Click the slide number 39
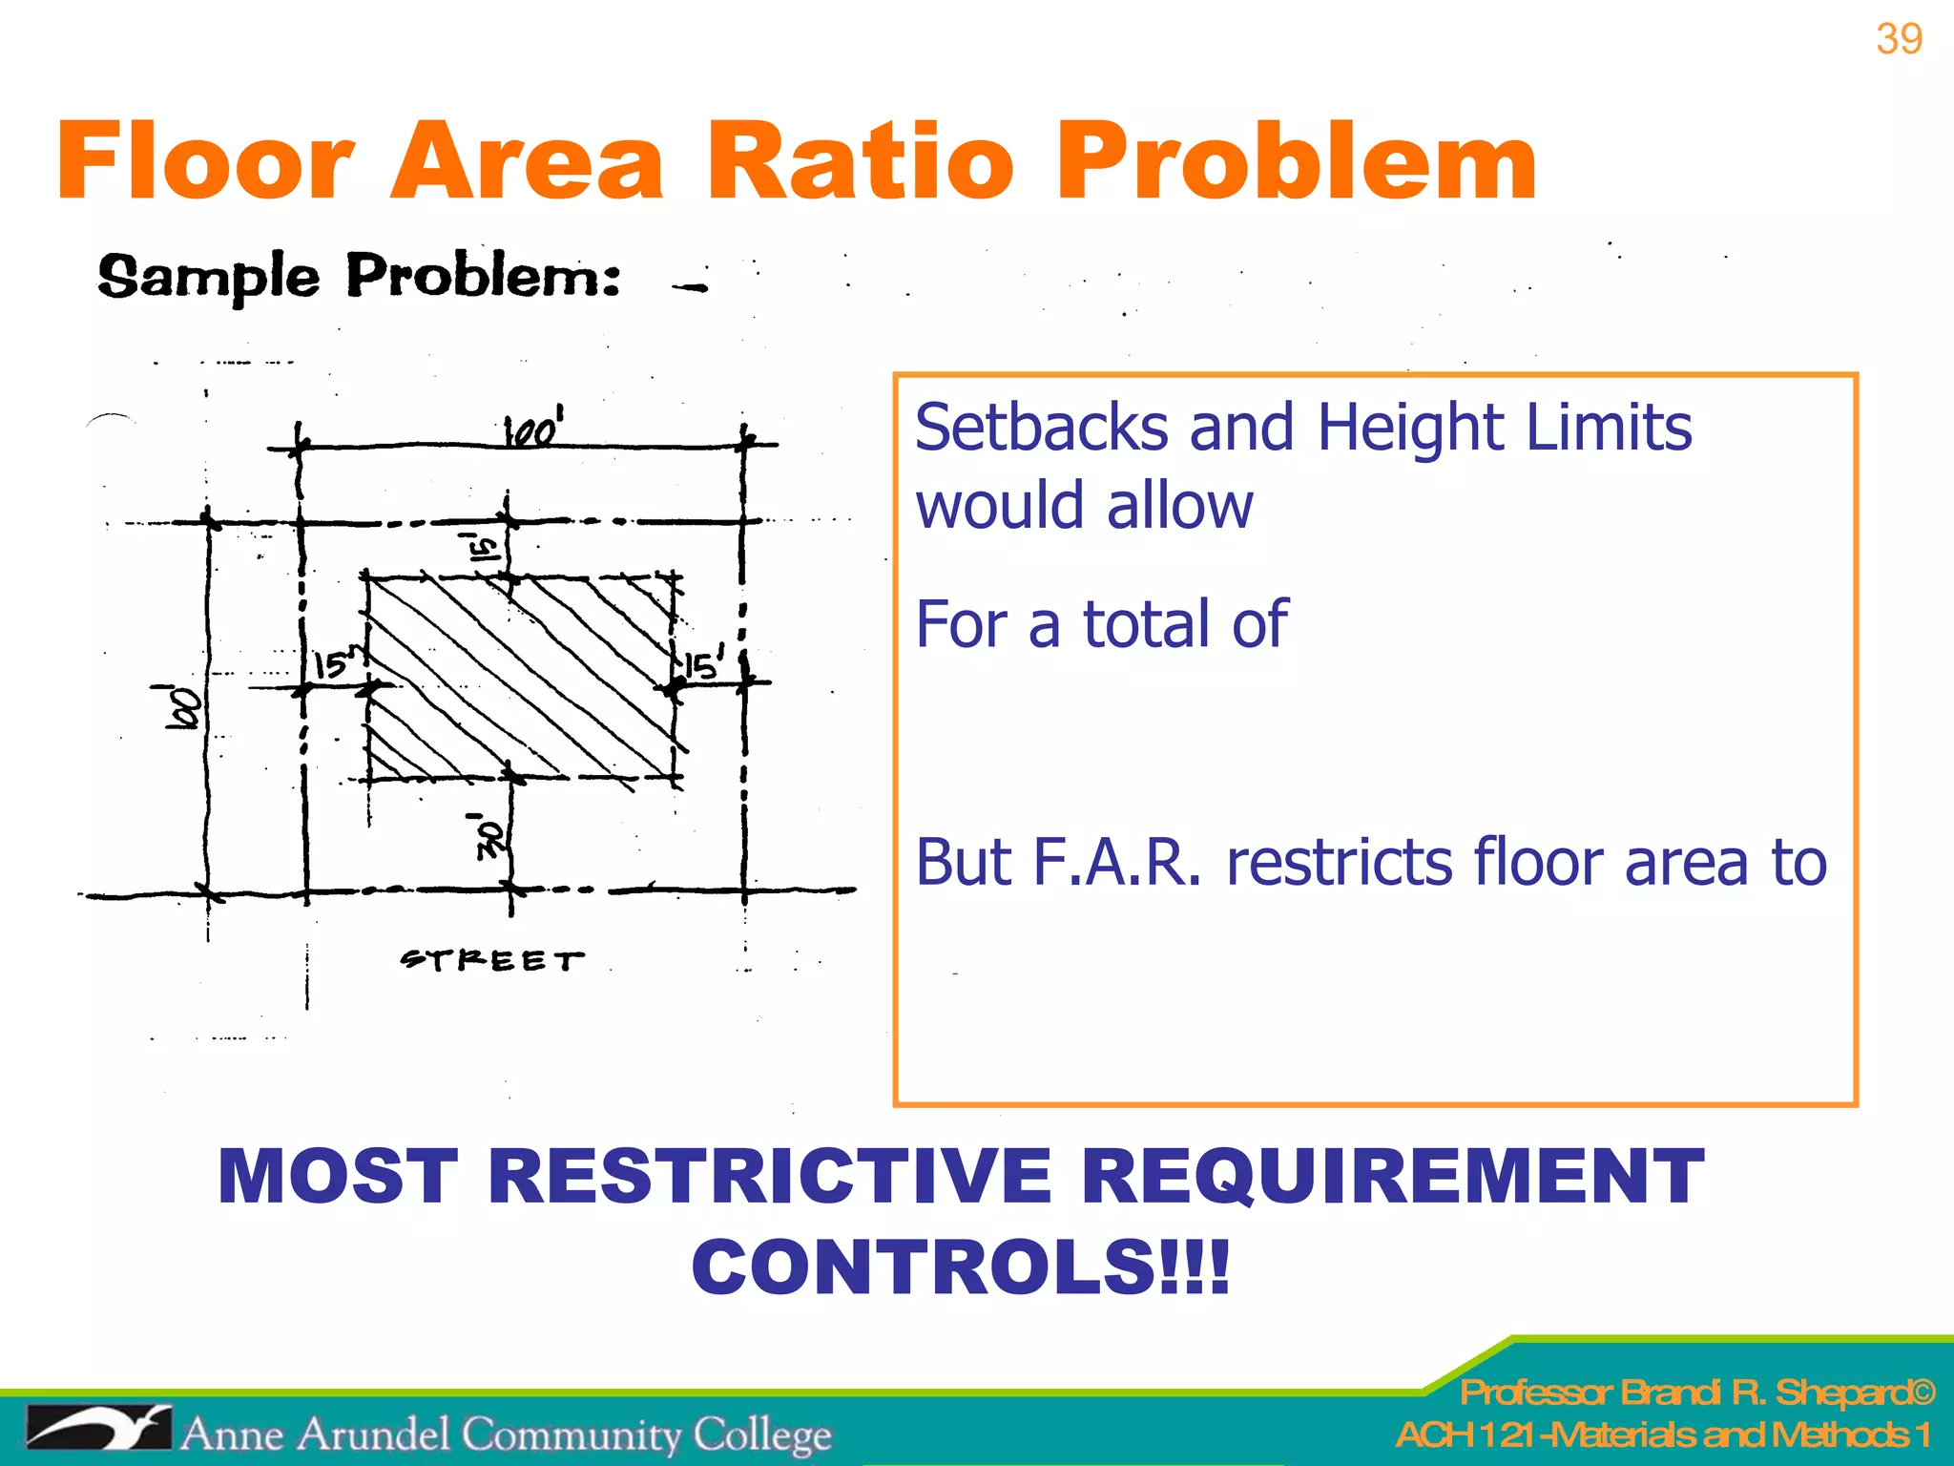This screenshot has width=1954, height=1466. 1898,40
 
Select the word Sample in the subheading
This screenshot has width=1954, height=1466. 208,277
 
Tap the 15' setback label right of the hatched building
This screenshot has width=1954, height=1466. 704,664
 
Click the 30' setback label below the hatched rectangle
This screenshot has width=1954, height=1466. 488,837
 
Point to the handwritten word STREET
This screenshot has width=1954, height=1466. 491,959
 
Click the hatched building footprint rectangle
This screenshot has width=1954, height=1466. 521,677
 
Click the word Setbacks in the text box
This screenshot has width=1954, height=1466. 1041,428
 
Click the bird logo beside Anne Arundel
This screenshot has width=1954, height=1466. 97,1430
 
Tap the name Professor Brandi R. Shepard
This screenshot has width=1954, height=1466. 1696,1393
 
